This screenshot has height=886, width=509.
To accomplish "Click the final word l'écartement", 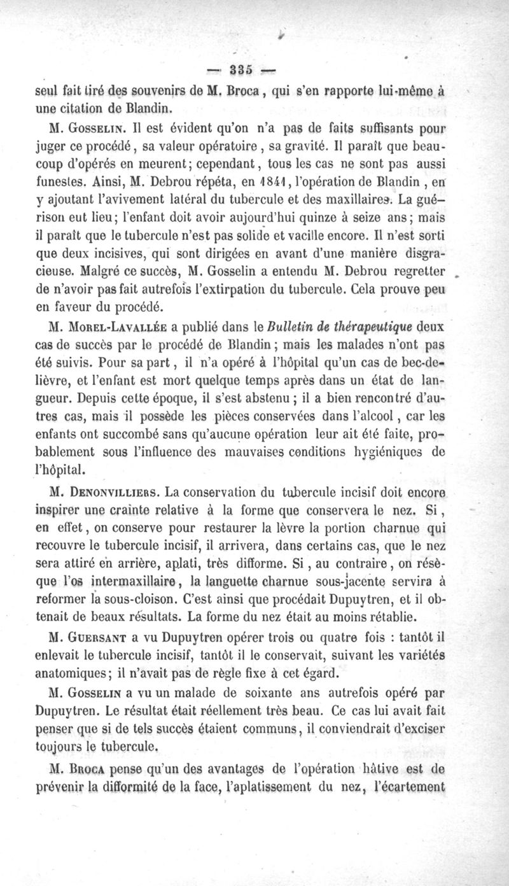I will [409, 785].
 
